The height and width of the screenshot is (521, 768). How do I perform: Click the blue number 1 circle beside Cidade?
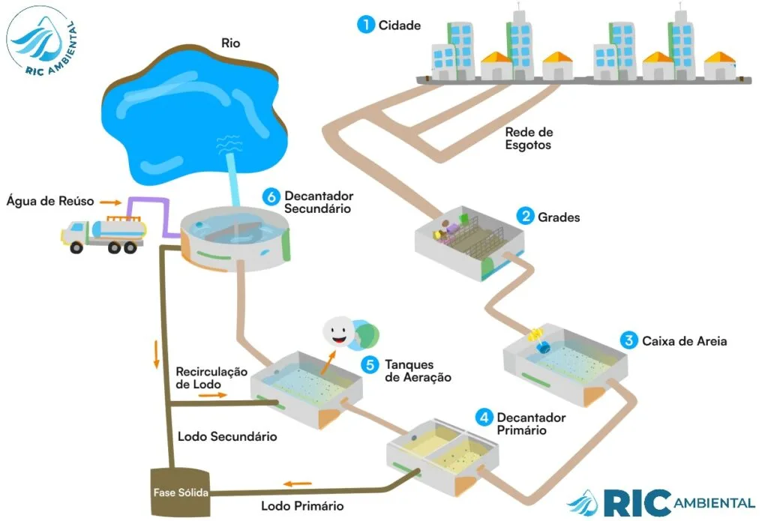(x=366, y=25)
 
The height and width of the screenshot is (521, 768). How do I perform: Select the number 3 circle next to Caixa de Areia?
(x=629, y=340)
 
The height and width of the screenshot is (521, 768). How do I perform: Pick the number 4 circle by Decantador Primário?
(x=485, y=417)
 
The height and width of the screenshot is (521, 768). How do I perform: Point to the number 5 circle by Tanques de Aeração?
(x=368, y=364)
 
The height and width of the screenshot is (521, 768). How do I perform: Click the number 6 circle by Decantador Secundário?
(x=271, y=196)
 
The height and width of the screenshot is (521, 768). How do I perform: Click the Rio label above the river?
(x=230, y=43)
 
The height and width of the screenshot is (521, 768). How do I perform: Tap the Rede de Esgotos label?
(x=528, y=139)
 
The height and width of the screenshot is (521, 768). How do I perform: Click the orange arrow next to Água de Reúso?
(x=110, y=202)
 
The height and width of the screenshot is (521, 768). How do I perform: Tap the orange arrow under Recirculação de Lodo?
(x=212, y=393)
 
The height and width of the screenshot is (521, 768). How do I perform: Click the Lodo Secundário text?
(x=226, y=436)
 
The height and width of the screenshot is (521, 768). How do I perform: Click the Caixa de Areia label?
(x=684, y=341)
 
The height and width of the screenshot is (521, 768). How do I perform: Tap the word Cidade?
(x=400, y=25)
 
